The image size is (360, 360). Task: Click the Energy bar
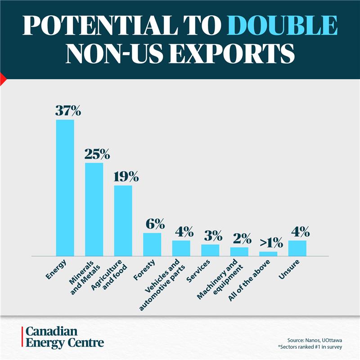click(65, 188)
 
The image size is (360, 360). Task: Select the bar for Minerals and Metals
click(94, 209)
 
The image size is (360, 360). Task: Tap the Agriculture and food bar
click(123, 220)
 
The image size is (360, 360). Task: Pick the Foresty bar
click(152, 244)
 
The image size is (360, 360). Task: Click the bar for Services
click(210, 250)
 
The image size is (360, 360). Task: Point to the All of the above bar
click(268, 254)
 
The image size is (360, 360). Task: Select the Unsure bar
click(297, 248)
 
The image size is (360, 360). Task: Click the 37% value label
click(68, 111)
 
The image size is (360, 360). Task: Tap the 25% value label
click(97, 154)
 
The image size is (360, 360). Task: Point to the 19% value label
click(126, 176)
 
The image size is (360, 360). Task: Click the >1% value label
click(271, 243)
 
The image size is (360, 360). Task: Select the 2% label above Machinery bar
click(242, 238)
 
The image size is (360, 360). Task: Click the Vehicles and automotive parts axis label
click(162, 285)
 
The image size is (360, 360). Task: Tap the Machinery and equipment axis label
click(220, 279)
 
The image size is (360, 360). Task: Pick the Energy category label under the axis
click(56, 270)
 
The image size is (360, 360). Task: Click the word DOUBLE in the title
click(282, 25)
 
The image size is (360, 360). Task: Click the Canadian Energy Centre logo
click(63, 337)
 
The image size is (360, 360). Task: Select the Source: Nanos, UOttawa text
click(315, 340)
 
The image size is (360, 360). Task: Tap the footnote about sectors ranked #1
click(310, 347)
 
